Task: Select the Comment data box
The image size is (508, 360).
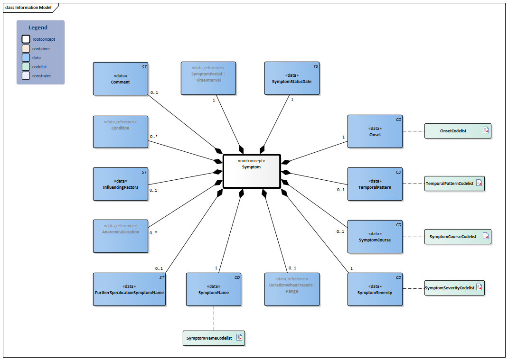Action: pyautogui.click(x=121, y=79)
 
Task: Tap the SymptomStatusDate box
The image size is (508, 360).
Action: pyautogui.click(x=292, y=79)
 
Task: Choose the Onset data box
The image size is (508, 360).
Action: pyautogui.click(x=375, y=131)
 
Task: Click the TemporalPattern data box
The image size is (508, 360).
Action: pyautogui.click(x=375, y=184)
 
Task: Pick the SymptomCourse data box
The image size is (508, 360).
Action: pyautogui.click(x=375, y=236)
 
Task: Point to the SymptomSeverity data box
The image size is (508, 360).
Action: pyautogui.click(x=375, y=289)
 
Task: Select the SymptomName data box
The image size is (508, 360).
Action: pyautogui.click(x=214, y=289)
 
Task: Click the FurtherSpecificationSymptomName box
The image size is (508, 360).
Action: pyautogui.click(x=130, y=289)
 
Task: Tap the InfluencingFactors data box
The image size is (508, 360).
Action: pyautogui.click(x=121, y=184)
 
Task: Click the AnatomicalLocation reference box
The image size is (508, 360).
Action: pyautogui.click(x=121, y=236)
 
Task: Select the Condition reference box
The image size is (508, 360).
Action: pyautogui.click(x=121, y=131)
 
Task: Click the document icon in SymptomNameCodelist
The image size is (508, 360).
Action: pyautogui.click(x=239, y=338)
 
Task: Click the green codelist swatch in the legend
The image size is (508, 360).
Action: pyautogui.click(x=26, y=66)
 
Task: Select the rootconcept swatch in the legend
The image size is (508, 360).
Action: pyautogui.click(x=26, y=39)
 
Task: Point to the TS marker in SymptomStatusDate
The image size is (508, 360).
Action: pyautogui.click(x=315, y=67)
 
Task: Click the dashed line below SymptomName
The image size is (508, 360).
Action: pyautogui.click(x=214, y=318)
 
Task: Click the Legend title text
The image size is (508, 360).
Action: pyautogui.click(x=38, y=28)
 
